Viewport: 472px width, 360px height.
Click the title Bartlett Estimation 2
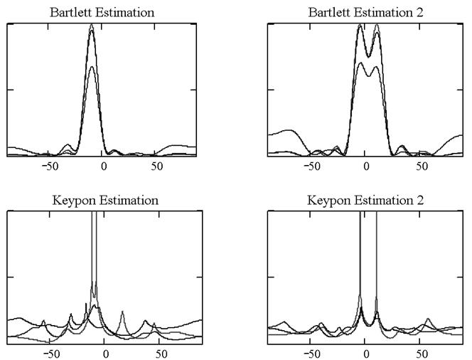[x=366, y=13]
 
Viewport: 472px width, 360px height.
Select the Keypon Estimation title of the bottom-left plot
[x=105, y=200]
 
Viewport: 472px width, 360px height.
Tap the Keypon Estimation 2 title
[x=366, y=200]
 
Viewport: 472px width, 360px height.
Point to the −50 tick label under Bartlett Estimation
[x=50, y=166]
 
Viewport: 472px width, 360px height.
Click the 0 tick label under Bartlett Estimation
[x=104, y=166]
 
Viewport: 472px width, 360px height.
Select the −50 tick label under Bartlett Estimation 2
[x=312, y=166]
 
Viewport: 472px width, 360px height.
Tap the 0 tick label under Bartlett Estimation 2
[x=367, y=166]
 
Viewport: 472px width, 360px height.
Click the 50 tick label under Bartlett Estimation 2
[x=421, y=166]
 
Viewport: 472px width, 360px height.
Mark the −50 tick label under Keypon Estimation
[x=50, y=353]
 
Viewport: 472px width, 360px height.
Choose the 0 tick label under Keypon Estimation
[x=104, y=353]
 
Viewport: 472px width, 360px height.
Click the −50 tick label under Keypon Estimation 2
[x=312, y=353]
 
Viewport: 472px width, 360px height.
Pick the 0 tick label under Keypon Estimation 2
[x=367, y=353]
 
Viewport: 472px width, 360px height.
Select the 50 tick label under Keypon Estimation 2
[x=421, y=353]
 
